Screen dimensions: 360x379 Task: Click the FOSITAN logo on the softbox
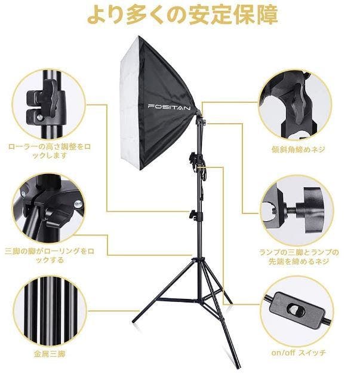tap(169, 107)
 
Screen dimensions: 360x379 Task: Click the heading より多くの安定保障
tap(183, 15)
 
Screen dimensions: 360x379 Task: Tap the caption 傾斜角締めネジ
tap(298, 149)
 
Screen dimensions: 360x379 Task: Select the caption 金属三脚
tap(50, 354)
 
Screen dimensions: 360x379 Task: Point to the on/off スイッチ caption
tap(299, 353)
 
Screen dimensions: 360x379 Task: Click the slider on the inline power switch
tap(294, 310)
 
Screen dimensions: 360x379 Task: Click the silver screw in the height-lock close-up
tap(40, 118)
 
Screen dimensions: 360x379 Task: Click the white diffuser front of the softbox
tap(130, 102)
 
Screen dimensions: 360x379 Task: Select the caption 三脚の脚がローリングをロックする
tap(50, 256)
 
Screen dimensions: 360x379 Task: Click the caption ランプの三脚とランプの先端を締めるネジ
tap(299, 257)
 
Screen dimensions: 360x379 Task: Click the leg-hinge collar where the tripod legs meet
tap(198, 260)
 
